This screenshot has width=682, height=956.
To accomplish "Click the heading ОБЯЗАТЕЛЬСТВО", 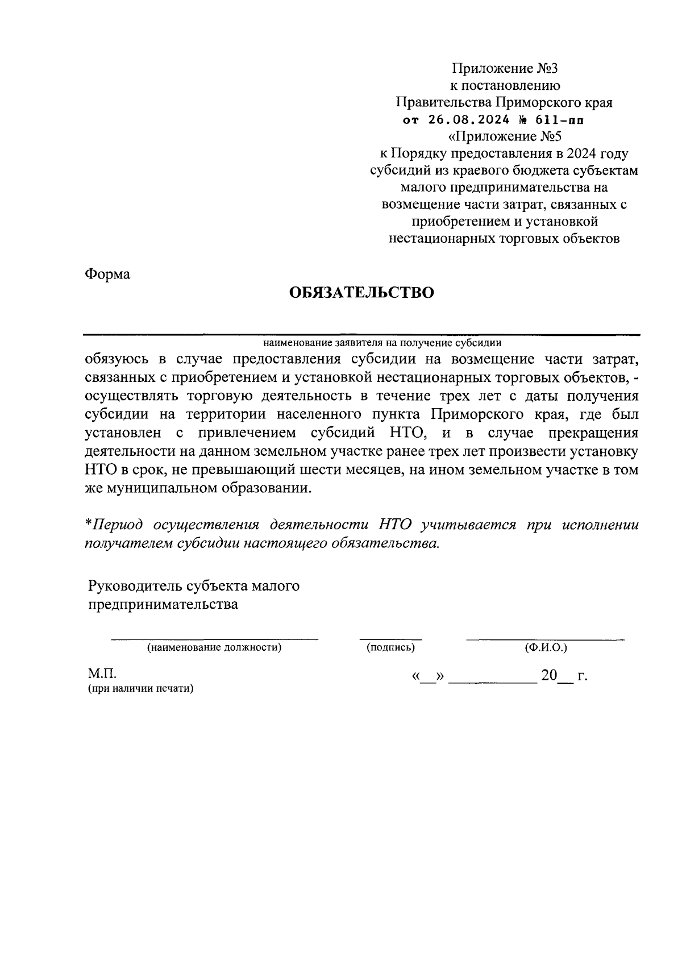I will (361, 293).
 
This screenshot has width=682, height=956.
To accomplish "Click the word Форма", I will (107, 275).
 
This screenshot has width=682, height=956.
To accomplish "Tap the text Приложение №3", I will (506, 69).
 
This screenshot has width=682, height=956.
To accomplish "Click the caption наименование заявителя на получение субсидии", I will (382, 343).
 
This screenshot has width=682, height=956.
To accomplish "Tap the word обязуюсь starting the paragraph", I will (117, 360).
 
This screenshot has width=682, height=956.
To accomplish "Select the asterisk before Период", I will (88, 523).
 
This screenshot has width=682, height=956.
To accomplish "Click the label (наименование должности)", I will (214, 647).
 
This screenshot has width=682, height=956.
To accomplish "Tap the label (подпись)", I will (390, 647).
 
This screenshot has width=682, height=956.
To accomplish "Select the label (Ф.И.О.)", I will (546, 647).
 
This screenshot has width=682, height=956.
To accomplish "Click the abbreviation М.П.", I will (102, 674).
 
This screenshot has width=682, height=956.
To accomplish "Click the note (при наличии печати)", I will (140, 689).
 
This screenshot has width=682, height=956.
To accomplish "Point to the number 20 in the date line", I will (549, 676).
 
